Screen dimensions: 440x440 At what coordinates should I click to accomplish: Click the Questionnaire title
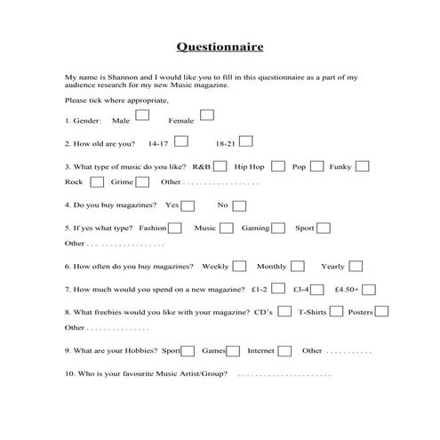220,46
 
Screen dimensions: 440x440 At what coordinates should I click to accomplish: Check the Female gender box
207,115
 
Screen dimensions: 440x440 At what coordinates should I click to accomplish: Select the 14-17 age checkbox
181,140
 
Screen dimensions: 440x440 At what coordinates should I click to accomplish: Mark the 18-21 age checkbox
246,140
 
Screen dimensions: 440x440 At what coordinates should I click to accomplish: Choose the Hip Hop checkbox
278,165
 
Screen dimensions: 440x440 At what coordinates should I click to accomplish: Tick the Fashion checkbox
175,228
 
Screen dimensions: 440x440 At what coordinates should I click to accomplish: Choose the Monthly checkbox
299,266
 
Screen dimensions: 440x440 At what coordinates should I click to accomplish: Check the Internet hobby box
284,350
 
